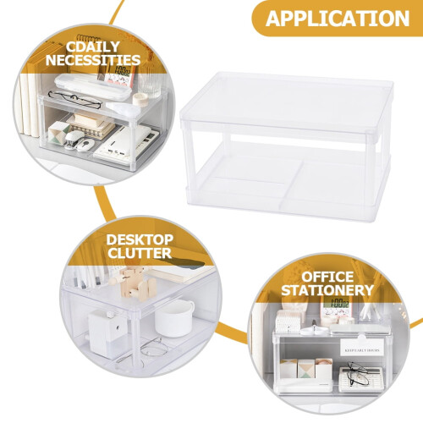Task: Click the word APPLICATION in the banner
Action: pyautogui.click(x=338, y=19)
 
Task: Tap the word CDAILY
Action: pyautogui.click(x=93, y=47)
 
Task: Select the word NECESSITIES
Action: pyautogui.click(x=93, y=60)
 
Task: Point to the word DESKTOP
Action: pyautogui.click(x=140, y=240)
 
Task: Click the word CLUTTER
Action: pyautogui.click(x=140, y=253)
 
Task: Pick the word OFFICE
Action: pyautogui.click(x=327, y=277)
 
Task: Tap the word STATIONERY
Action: pyautogui.click(x=327, y=290)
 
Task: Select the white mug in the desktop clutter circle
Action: pyautogui.click(x=174, y=318)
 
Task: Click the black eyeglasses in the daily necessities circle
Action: pyautogui.click(x=75, y=99)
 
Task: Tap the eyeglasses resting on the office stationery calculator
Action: pyautogui.click(x=358, y=374)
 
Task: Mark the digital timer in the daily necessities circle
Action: pyautogui.click(x=121, y=75)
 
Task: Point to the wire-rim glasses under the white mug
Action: pyautogui.click(x=152, y=348)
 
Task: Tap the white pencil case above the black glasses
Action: pyautogui.click(x=92, y=86)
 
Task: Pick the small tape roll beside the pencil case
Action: pyautogui.click(x=140, y=99)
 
